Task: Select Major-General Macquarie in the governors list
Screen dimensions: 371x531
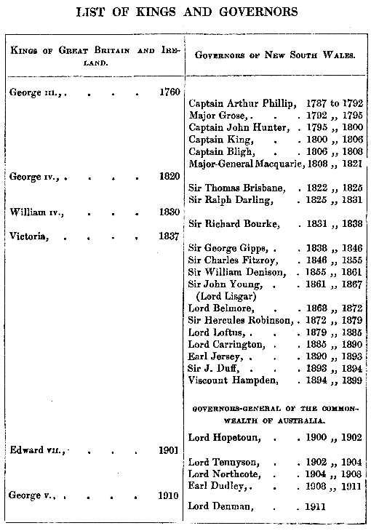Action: [x=245, y=164]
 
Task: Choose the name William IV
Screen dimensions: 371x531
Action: [x=37, y=212]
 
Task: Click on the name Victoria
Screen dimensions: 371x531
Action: [x=28, y=236]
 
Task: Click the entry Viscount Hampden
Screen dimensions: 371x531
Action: [x=233, y=380]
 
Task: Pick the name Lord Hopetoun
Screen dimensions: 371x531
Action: [x=223, y=438]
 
